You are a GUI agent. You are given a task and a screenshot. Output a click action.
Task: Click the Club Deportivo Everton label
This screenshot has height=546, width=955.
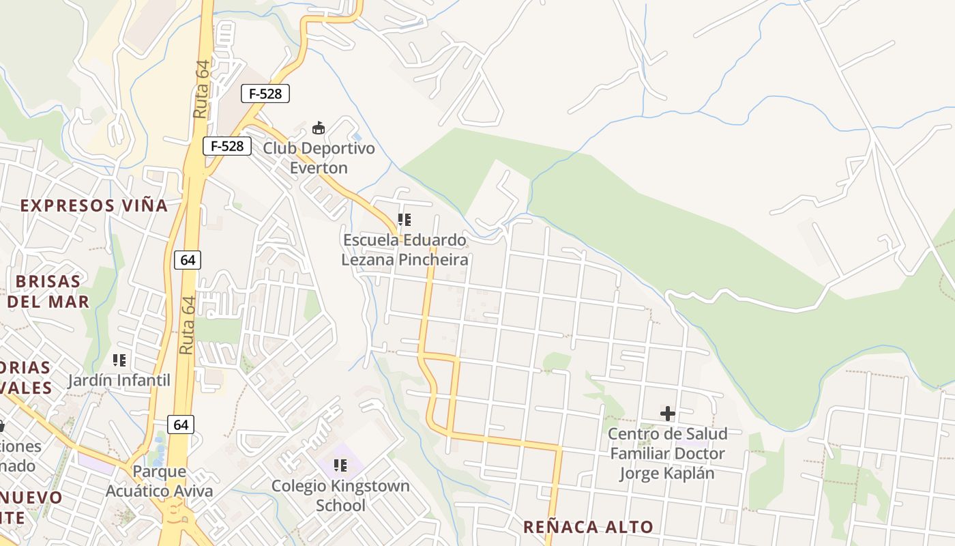(319, 158)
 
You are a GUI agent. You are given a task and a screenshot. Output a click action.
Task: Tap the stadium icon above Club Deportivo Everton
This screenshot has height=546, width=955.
(318, 128)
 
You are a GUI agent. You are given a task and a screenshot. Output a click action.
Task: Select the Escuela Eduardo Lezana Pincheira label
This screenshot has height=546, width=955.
(405, 250)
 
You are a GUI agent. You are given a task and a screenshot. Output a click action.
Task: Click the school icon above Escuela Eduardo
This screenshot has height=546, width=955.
(405, 220)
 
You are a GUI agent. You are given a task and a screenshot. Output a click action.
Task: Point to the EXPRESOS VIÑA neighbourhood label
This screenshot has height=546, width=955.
(93, 205)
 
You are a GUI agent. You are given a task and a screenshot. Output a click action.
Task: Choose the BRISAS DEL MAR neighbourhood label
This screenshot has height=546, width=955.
(48, 291)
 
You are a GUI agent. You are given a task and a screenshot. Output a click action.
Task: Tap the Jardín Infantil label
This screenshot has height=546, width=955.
(119, 380)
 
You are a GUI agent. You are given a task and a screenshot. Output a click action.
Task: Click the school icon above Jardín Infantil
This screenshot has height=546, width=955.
(119, 360)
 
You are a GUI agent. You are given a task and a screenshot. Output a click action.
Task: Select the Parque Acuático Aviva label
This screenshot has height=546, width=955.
(159, 481)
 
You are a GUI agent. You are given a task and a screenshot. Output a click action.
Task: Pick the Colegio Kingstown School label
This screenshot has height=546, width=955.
(340, 495)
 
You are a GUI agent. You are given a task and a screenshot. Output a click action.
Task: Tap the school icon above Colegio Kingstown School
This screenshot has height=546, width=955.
(340, 465)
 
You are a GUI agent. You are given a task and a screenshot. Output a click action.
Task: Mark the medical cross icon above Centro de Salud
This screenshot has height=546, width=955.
(667, 413)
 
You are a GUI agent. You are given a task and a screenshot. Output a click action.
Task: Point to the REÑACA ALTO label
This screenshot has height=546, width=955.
(588, 527)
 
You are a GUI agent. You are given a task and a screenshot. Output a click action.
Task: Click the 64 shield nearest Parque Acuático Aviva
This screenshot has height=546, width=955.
(181, 425)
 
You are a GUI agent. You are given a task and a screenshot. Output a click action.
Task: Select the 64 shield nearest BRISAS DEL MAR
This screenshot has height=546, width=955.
(188, 259)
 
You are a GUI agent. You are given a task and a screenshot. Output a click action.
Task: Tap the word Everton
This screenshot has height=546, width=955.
(319, 168)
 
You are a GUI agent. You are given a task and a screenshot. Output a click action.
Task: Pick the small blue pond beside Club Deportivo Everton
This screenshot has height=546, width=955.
(357, 137)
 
